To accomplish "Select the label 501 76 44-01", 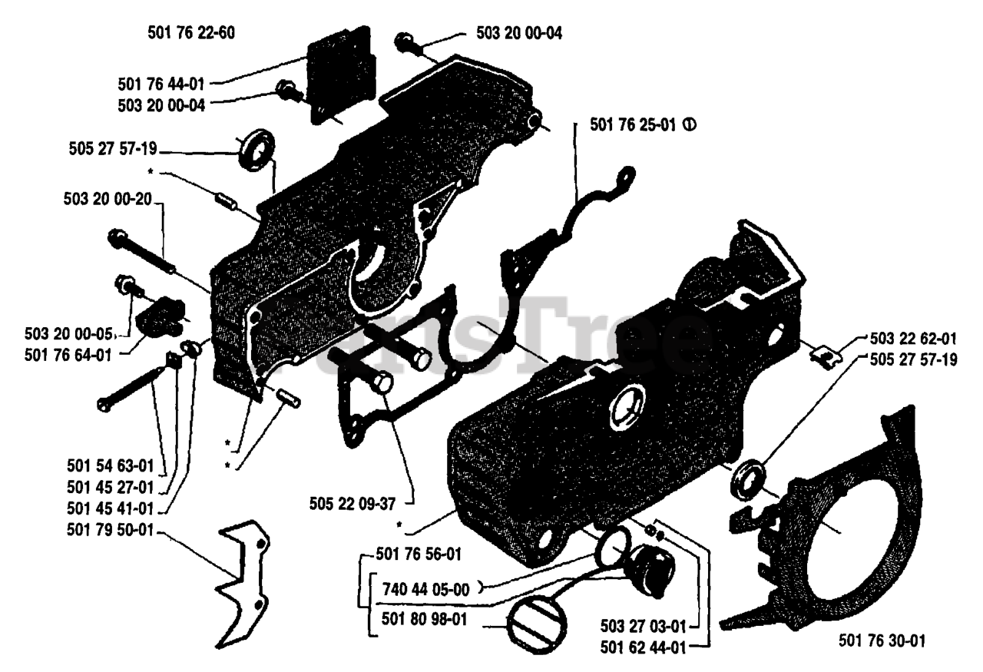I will [x=161, y=82].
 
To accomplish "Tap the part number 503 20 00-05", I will [x=69, y=333].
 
